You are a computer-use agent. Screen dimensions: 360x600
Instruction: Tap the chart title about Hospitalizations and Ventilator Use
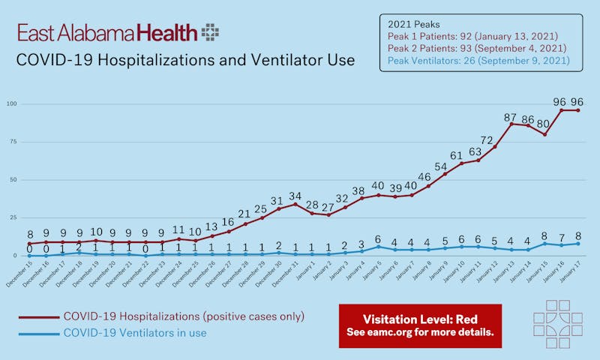click(x=185, y=59)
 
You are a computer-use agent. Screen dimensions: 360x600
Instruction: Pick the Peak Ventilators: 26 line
click(x=478, y=60)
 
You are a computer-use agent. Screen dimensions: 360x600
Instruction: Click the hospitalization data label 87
click(x=511, y=117)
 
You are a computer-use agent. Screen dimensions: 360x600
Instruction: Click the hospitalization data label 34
click(x=295, y=197)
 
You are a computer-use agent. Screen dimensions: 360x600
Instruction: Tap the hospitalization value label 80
click(x=544, y=125)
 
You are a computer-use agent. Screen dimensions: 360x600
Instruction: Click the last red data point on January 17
click(x=578, y=110)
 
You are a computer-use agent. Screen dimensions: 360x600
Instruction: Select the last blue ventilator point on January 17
click(x=578, y=243)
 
